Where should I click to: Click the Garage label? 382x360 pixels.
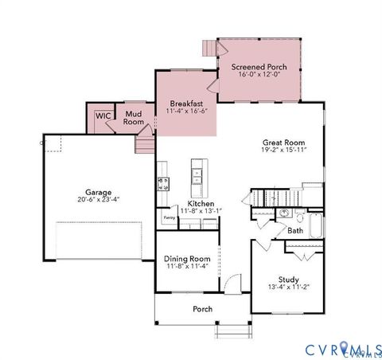tap(99, 191)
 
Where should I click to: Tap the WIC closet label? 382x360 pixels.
tap(103, 115)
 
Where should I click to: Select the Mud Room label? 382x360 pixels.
tap(134, 118)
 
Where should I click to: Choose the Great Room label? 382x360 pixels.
tap(284, 143)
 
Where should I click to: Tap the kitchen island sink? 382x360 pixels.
tap(197, 173)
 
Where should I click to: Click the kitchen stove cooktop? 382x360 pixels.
tap(163, 182)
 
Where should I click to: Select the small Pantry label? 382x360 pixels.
tap(169, 217)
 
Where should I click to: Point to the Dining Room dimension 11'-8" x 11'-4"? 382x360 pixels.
tap(187, 266)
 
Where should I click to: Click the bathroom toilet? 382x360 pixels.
tap(299, 216)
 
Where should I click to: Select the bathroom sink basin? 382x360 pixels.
tap(283, 213)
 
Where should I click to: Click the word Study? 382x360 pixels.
tap(288, 280)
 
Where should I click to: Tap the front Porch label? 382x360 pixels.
tap(202, 308)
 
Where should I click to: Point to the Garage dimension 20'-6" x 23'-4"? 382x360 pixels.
tap(99, 200)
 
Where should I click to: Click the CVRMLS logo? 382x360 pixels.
tap(342, 349)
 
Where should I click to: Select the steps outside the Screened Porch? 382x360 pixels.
tap(209, 49)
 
